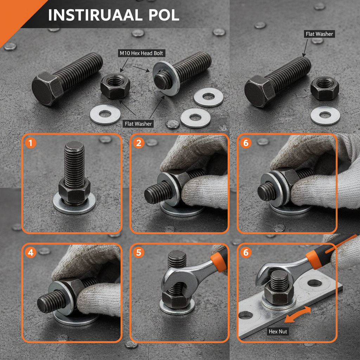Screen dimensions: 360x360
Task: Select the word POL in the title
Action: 162,15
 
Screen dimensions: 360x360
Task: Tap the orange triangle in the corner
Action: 14,14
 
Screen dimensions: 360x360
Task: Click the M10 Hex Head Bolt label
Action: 141,53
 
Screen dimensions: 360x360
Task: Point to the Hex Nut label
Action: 278,332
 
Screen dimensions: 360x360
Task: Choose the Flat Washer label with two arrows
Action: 138,124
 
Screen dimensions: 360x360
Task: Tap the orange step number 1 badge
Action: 31,143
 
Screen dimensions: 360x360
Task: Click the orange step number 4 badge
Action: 31,252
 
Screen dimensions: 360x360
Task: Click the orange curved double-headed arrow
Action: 298,314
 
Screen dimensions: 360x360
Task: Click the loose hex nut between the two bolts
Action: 115,86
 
